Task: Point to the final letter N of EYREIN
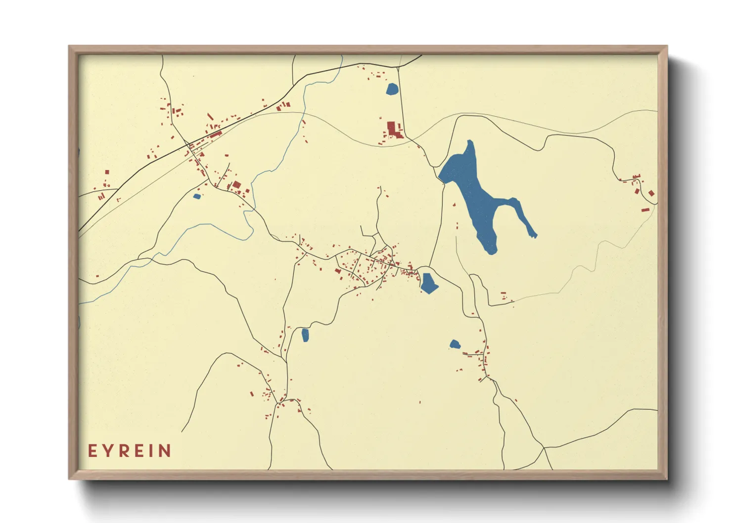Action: [x=164, y=451]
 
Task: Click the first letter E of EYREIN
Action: [x=91, y=451]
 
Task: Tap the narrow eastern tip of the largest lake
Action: [x=534, y=236]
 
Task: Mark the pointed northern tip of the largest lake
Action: [x=470, y=142]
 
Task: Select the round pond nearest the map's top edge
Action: [x=392, y=89]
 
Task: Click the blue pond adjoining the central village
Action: [x=428, y=283]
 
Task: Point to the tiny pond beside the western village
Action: [x=197, y=196]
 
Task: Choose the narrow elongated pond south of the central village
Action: [x=305, y=335]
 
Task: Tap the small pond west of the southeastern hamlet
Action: [x=455, y=344]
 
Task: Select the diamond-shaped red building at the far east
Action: [x=651, y=193]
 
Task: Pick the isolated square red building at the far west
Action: [x=107, y=172]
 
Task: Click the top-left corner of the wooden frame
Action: [x=69, y=46]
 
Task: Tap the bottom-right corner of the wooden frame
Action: [x=667, y=479]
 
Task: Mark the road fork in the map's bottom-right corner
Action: [x=544, y=448]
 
